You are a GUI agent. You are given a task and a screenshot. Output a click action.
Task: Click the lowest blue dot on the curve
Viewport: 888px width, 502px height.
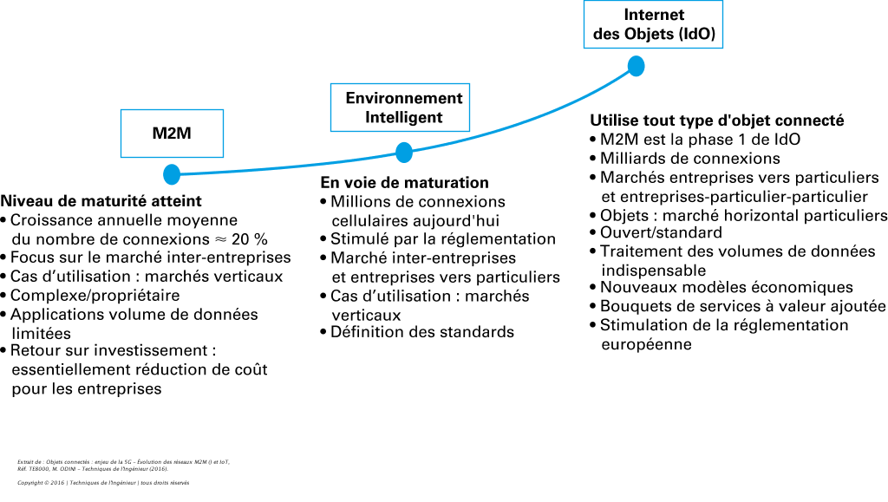(172, 174)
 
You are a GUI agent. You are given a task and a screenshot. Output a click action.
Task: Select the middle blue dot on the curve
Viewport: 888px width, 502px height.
(404, 153)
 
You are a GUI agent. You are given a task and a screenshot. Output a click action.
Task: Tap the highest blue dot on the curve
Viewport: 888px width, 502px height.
(636, 66)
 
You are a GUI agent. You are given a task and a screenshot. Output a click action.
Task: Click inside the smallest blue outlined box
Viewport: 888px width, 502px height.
(172, 134)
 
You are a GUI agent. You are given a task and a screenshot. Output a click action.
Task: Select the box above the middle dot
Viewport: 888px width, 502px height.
(400, 108)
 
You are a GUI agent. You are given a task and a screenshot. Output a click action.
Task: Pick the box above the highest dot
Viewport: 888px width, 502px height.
(653, 24)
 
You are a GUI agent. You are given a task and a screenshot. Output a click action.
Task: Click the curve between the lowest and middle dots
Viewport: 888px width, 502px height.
(286, 168)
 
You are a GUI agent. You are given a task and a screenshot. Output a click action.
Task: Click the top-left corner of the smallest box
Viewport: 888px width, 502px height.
(121, 110)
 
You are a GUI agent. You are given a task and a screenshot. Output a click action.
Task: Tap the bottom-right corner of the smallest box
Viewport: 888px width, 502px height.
(223, 157)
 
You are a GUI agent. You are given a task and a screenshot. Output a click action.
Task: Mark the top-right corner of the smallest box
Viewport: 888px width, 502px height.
(223, 110)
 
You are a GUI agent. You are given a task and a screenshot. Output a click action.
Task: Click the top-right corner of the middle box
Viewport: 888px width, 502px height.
(469, 84)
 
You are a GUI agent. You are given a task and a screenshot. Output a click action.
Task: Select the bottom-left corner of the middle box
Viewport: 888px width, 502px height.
(331, 131)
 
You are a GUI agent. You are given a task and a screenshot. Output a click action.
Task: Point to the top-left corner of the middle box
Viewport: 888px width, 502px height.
(331, 84)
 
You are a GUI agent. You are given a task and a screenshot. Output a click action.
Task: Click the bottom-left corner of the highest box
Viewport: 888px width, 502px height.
(584, 48)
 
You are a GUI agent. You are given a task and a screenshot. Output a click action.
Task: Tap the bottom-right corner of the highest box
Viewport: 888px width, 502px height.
(722, 48)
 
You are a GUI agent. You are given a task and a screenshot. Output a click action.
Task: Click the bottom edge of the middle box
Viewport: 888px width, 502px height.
(400, 131)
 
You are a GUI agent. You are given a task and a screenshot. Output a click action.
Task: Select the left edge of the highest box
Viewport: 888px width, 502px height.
(584, 24)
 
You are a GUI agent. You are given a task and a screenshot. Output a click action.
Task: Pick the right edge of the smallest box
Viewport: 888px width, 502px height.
(223, 134)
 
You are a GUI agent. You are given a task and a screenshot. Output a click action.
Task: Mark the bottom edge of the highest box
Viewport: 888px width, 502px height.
(653, 48)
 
